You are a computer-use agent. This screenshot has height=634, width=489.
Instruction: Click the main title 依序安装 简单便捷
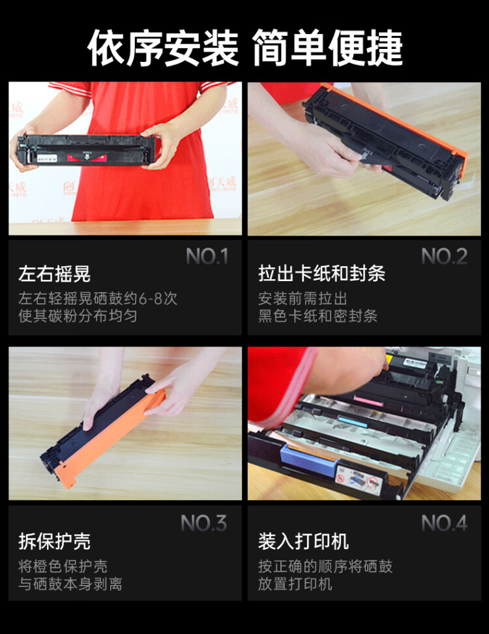244,48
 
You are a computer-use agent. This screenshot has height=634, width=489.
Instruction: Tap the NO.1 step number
207,257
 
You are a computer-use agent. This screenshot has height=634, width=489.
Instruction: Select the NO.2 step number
445,257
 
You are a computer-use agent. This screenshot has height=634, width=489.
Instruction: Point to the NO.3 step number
204,523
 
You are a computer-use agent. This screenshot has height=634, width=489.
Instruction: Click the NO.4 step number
445,523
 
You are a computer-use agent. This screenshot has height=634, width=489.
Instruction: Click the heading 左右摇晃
55,274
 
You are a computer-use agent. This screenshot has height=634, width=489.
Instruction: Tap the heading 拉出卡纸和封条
321,274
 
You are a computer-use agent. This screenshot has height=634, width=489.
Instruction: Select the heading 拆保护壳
55,541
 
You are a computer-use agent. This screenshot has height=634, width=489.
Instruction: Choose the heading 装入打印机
303,541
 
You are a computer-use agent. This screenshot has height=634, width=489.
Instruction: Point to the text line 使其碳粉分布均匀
78,316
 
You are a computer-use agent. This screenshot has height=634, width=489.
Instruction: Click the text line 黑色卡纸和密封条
318,316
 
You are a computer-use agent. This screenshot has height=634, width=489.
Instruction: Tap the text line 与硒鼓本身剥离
70,583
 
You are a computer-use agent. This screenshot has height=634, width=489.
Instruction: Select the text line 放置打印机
295,583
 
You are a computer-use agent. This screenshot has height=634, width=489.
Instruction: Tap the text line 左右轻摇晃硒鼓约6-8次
98,299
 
